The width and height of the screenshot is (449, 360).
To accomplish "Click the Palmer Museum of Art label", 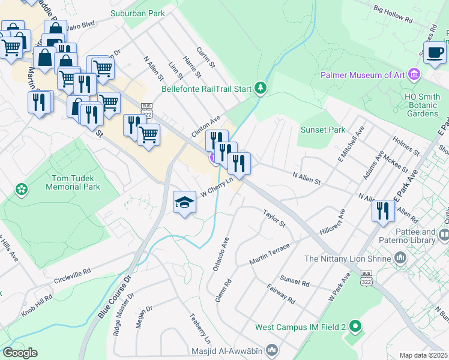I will click(363, 75).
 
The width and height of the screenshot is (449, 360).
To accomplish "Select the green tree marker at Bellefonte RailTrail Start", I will click(260, 89).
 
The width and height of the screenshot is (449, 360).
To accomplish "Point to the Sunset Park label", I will click(323, 130).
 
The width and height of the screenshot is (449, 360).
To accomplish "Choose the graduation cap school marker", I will click(185, 202).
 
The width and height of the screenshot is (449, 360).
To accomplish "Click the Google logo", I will click(20, 353).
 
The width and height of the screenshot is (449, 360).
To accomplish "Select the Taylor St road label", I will click(274, 218).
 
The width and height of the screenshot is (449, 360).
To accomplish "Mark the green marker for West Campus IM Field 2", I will click(355, 327).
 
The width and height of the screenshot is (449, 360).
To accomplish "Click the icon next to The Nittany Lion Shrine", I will click(401, 258).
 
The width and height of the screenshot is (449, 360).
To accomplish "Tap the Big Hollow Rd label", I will click(393, 14).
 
